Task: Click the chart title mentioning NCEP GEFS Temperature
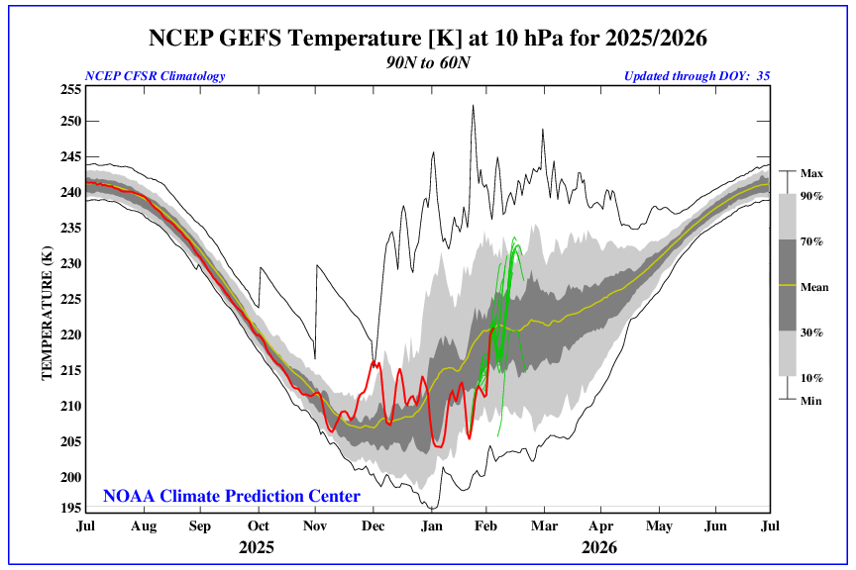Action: [x=429, y=38]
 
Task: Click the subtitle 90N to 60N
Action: [x=428, y=61]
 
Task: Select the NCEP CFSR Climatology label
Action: [x=156, y=76]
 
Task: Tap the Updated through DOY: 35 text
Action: [x=696, y=76]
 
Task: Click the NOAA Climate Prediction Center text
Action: [x=232, y=496]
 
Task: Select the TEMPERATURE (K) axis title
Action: [x=46, y=315]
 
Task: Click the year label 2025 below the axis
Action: [x=257, y=546]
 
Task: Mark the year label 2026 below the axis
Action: [x=600, y=546]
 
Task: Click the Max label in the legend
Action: [x=811, y=173]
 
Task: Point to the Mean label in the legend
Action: [x=813, y=287]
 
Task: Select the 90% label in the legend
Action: [x=812, y=196]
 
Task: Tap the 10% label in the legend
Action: [x=812, y=377]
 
